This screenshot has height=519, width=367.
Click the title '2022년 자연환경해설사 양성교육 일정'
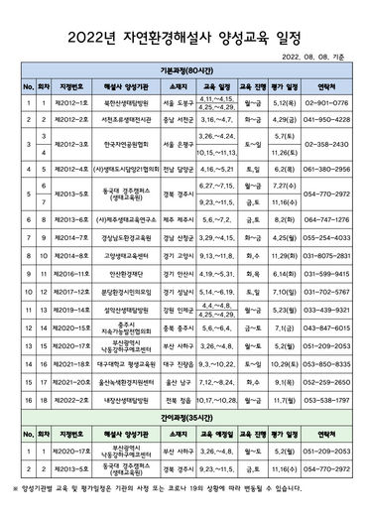[183, 36]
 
